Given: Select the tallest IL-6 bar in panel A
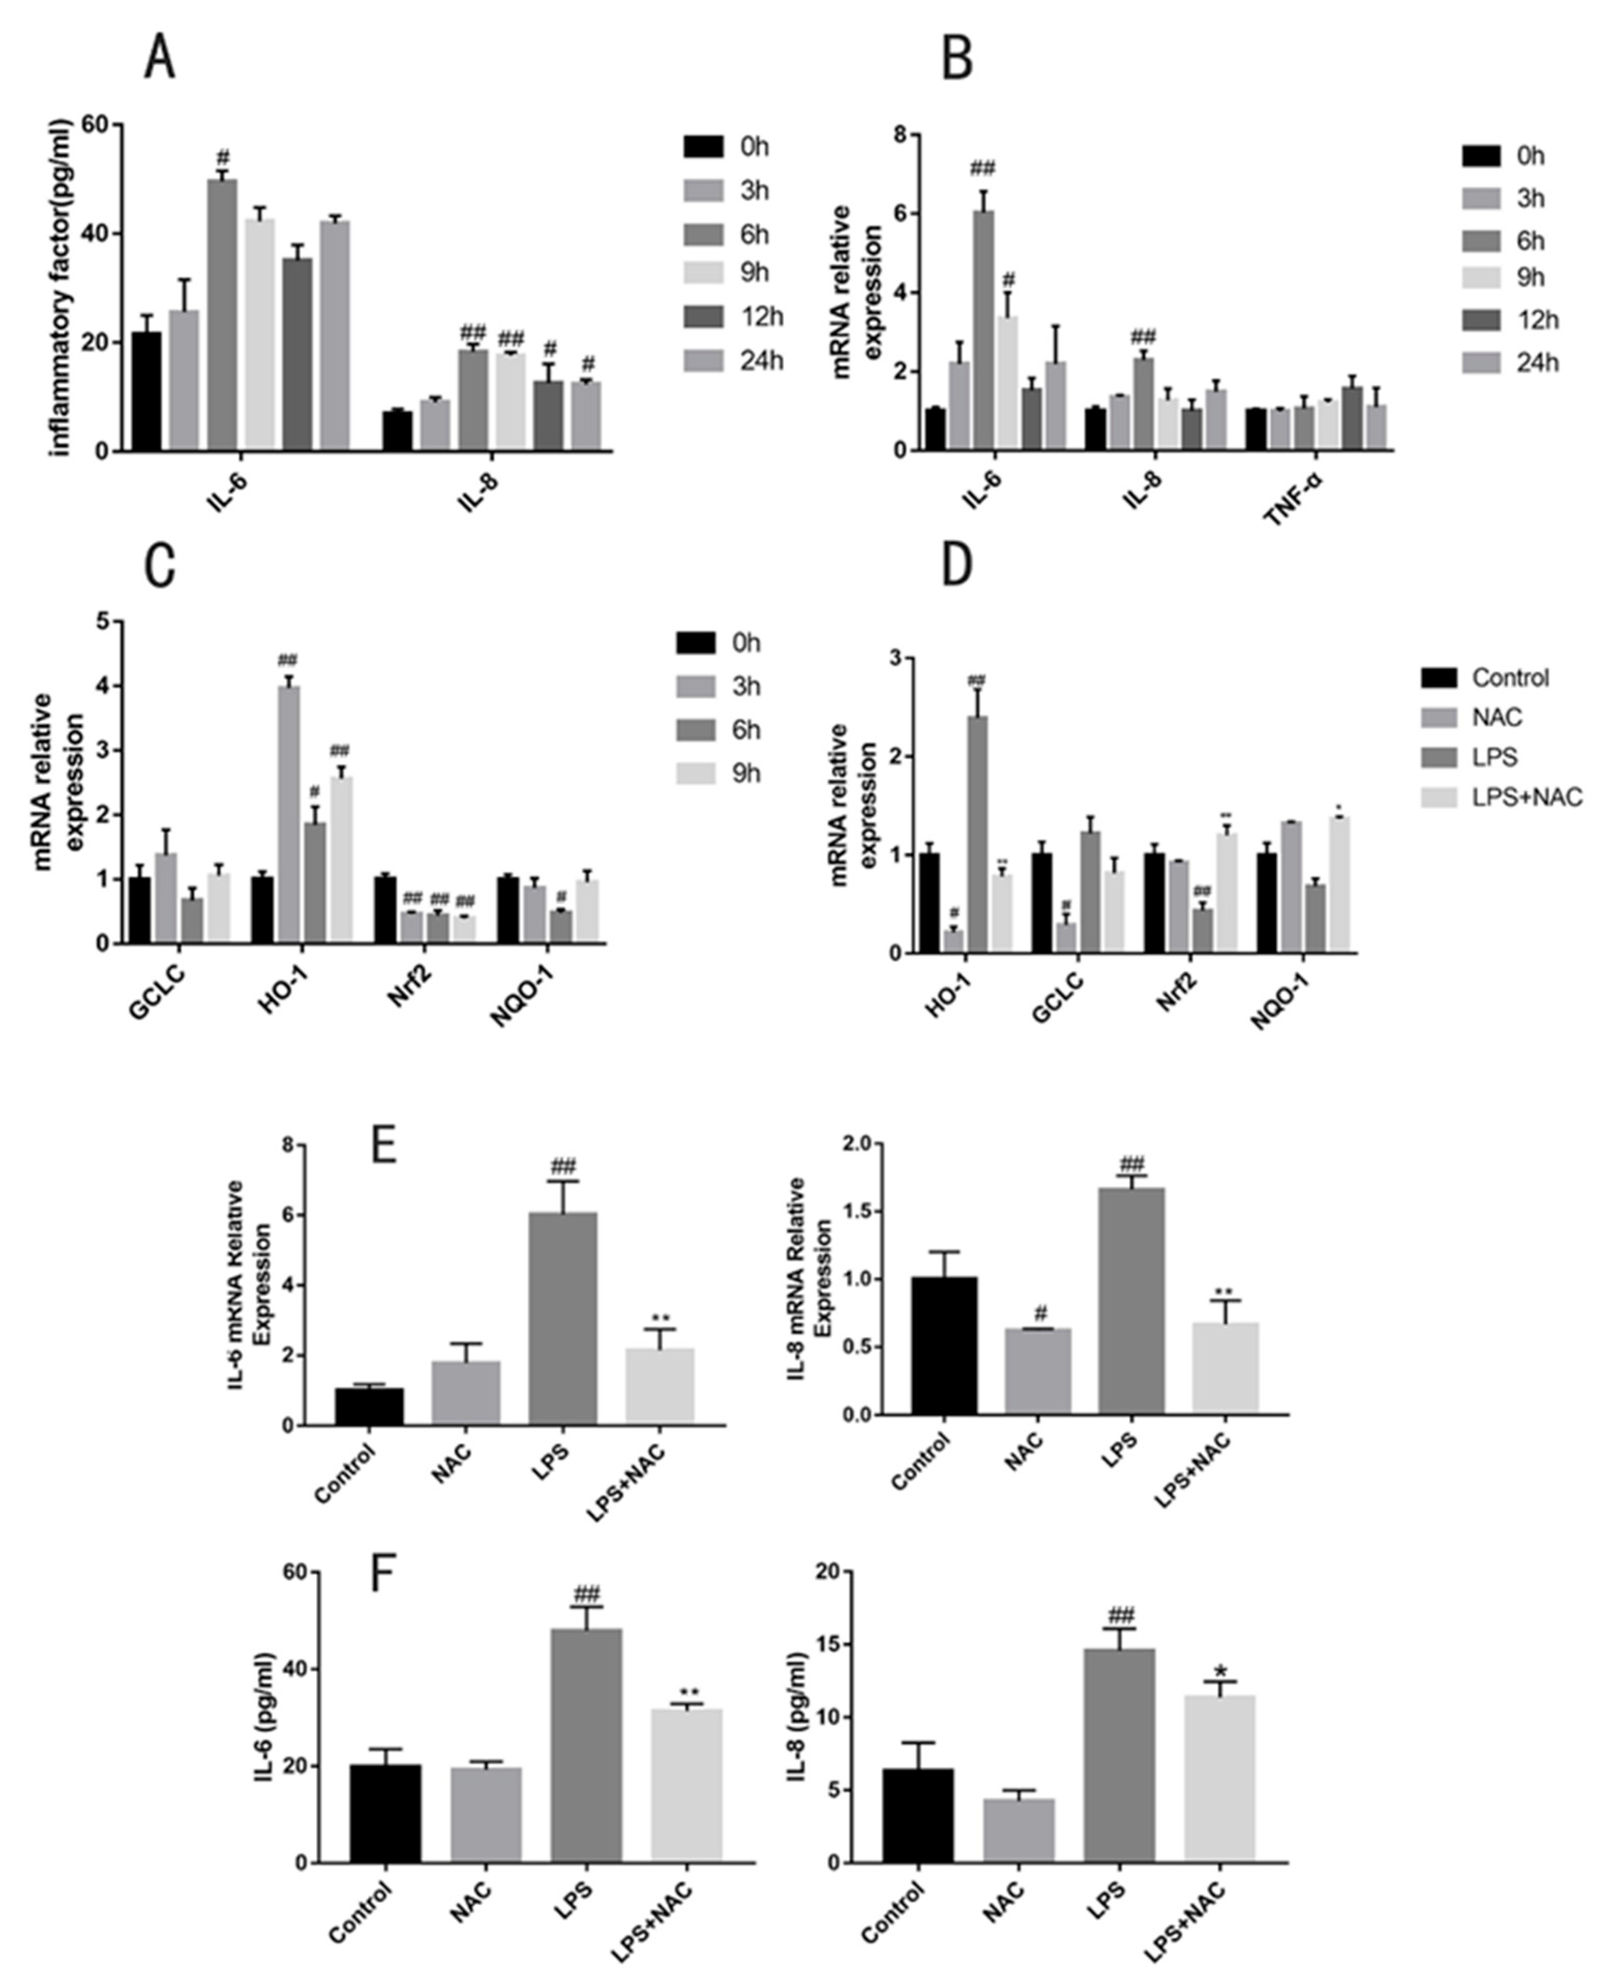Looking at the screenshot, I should [x=222, y=314].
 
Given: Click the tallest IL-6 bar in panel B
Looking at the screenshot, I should [x=984, y=330].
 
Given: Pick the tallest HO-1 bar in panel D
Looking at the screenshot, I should [x=977, y=832].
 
